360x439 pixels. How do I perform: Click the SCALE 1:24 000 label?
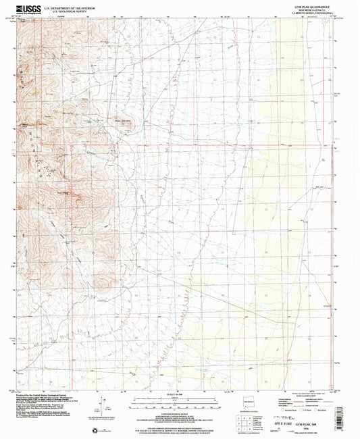tap(178, 394)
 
